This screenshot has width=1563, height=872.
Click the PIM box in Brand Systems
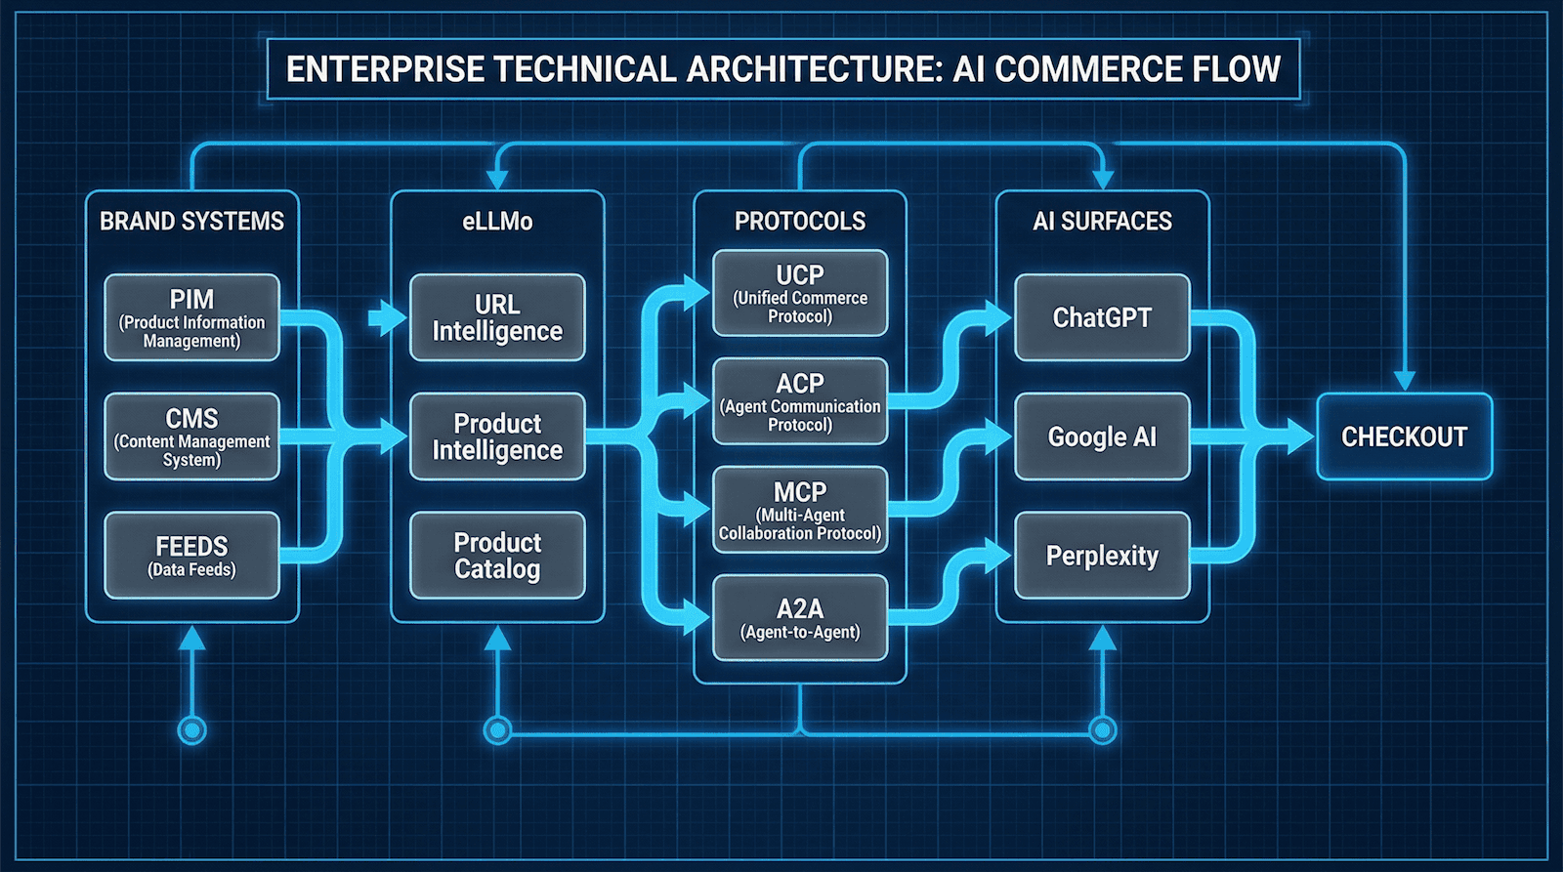pyautogui.click(x=191, y=317)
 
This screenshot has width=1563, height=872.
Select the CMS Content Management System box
pyautogui.click(x=191, y=436)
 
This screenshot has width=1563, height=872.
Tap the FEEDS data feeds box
pyautogui.click(x=191, y=555)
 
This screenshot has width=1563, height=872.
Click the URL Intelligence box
pyautogui.click(x=497, y=317)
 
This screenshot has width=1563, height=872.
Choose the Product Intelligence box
pyautogui.click(x=497, y=436)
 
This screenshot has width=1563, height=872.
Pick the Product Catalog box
pyautogui.click(x=497, y=555)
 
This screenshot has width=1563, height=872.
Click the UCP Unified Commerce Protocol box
pyautogui.click(x=800, y=293)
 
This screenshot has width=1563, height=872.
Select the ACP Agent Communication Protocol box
pyautogui.click(x=800, y=401)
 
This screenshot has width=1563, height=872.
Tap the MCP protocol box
pyautogui.click(x=800, y=510)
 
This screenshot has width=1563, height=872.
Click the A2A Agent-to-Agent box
pyautogui.click(x=800, y=618)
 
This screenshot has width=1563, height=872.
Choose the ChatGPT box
pyautogui.click(x=1102, y=317)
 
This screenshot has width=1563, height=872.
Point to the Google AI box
pyautogui.click(x=1102, y=436)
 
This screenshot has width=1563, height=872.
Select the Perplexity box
pyautogui.click(x=1102, y=555)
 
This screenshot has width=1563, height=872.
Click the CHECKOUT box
pyautogui.click(x=1404, y=436)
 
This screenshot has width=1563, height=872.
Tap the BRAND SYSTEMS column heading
pyautogui.click(x=191, y=222)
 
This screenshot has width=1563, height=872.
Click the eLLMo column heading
pyautogui.click(x=497, y=222)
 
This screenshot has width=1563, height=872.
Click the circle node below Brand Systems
pyautogui.click(x=191, y=729)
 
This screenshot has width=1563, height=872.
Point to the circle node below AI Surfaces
pyautogui.click(x=1102, y=729)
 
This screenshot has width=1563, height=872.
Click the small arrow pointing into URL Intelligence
pyautogui.click(x=387, y=317)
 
